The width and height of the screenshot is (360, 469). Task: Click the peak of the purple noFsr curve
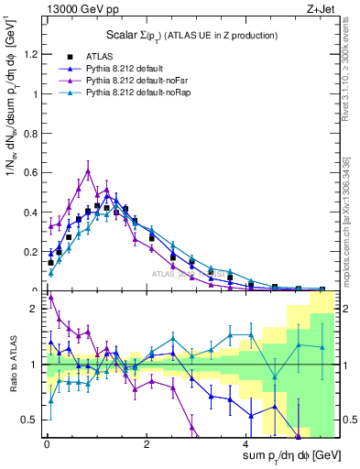click(x=88, y=169)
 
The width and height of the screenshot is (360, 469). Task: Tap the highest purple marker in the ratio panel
click(x=50, y=296)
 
